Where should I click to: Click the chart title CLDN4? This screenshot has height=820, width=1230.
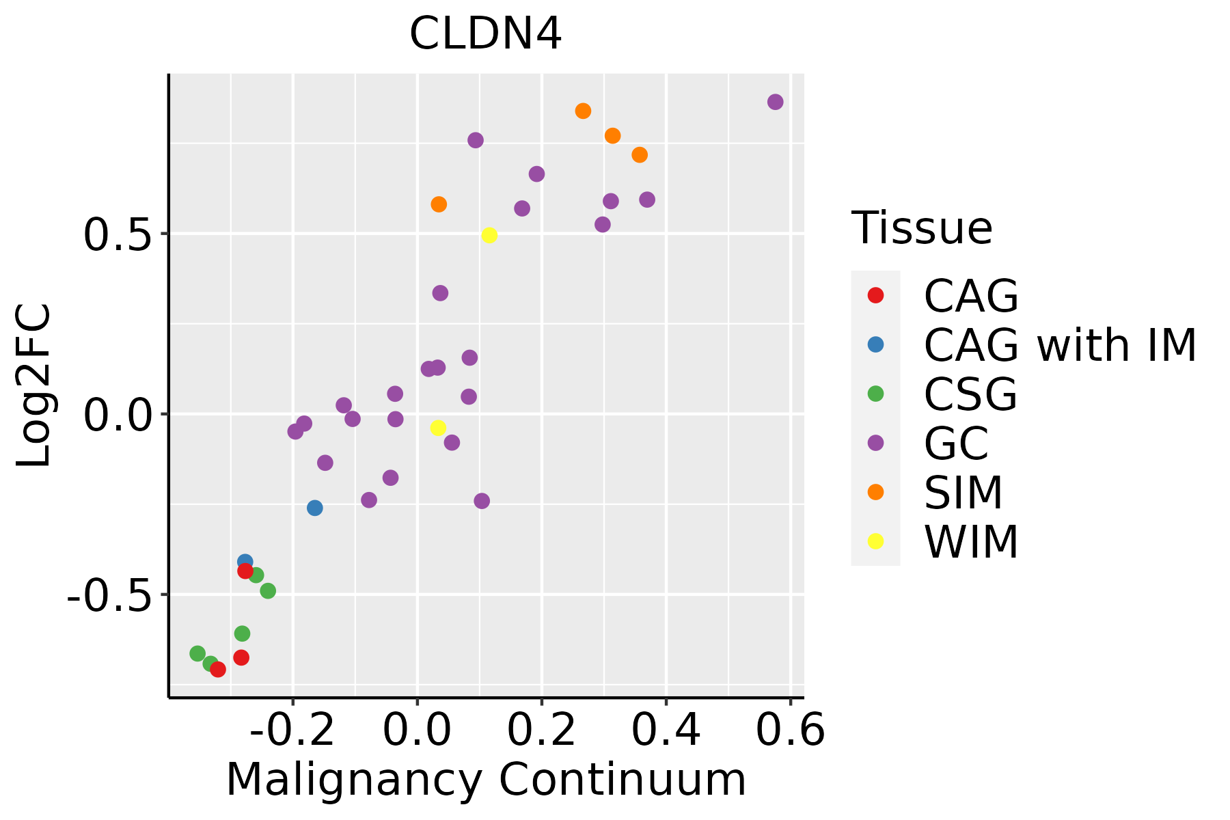[485, 34]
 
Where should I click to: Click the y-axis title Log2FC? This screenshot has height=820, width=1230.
[34, 385]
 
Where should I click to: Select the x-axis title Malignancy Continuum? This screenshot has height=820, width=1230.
[486, 780]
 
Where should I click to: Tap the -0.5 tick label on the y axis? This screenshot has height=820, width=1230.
[108, 597]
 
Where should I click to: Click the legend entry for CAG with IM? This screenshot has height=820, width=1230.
[1060, 345]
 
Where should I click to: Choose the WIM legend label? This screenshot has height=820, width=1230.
[971, 543]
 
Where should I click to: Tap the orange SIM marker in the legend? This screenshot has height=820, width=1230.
[875, 492]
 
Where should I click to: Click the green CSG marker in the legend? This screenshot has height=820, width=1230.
[875, 394]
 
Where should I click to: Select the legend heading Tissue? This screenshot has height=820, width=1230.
[922, 228]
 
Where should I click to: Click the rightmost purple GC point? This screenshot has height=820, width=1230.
[775, 102]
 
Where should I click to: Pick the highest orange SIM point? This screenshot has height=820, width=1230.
[583, 111]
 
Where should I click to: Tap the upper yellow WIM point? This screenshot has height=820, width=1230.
[489, 235]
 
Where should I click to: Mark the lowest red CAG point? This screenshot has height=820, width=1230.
[218, 669]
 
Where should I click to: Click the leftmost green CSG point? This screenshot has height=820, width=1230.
[197, 653]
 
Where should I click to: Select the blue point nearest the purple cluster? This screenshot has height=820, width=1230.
[314, 508]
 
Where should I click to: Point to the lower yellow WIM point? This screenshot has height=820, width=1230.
[438, 428]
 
